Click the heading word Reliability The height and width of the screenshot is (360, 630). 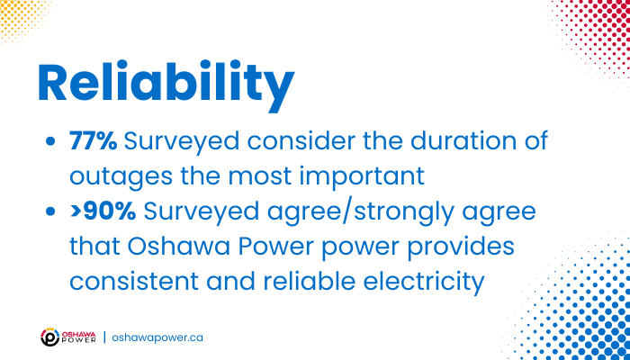click(x=166, y=85)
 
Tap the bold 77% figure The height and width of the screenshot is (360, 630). click(x=94, y=142)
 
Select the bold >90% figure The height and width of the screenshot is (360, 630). click(x=103, y=212)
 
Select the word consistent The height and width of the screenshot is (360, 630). click(x=134, y=282)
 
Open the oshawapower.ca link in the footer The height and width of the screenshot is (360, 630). click(x=157, y=337)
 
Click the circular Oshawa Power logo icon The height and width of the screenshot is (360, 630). click(x=50, y=337)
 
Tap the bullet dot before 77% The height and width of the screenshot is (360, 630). click(x=50, y=142)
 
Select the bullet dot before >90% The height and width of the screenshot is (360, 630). click(x=50, y=212)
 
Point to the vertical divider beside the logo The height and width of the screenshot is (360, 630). click(x=104, y=337)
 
